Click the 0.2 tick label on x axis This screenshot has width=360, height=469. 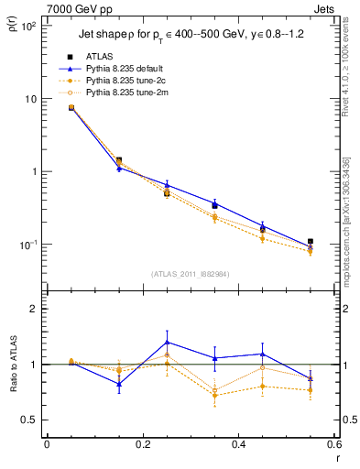tap(142, 446)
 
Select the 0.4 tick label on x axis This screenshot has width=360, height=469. tap(238, 446)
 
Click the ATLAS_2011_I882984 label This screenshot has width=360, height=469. tap(190, 273)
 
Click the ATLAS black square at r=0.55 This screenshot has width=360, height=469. tap(311, 242)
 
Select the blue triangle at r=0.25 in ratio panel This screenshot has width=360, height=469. tap(167, 342)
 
